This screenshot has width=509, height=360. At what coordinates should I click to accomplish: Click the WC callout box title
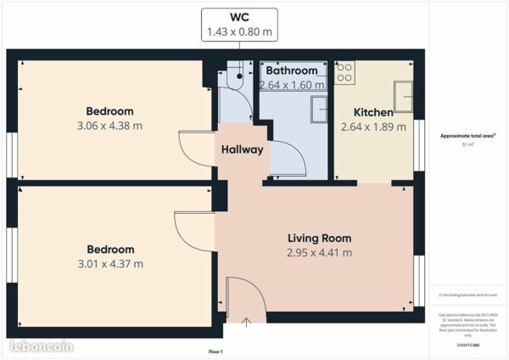click(240, 17)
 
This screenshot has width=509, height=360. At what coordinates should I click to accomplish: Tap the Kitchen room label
click(372, 112)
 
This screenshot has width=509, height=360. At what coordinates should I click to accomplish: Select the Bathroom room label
click(292, 70)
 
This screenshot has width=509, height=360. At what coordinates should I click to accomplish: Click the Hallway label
click(242, 149)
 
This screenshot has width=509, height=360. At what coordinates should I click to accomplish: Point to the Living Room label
click(319, 238)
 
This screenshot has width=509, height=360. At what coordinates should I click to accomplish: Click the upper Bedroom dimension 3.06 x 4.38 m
click(109, 126)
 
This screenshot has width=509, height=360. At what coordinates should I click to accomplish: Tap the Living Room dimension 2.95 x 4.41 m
click(319, 252)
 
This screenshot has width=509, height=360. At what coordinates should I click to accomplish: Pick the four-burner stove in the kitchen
click(344, 73)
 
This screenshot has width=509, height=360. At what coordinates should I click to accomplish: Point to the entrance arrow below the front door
click(247, 322)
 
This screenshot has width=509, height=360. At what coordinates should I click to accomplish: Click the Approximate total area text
click(467, 136)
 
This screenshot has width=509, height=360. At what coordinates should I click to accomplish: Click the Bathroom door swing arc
click(289, 157)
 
